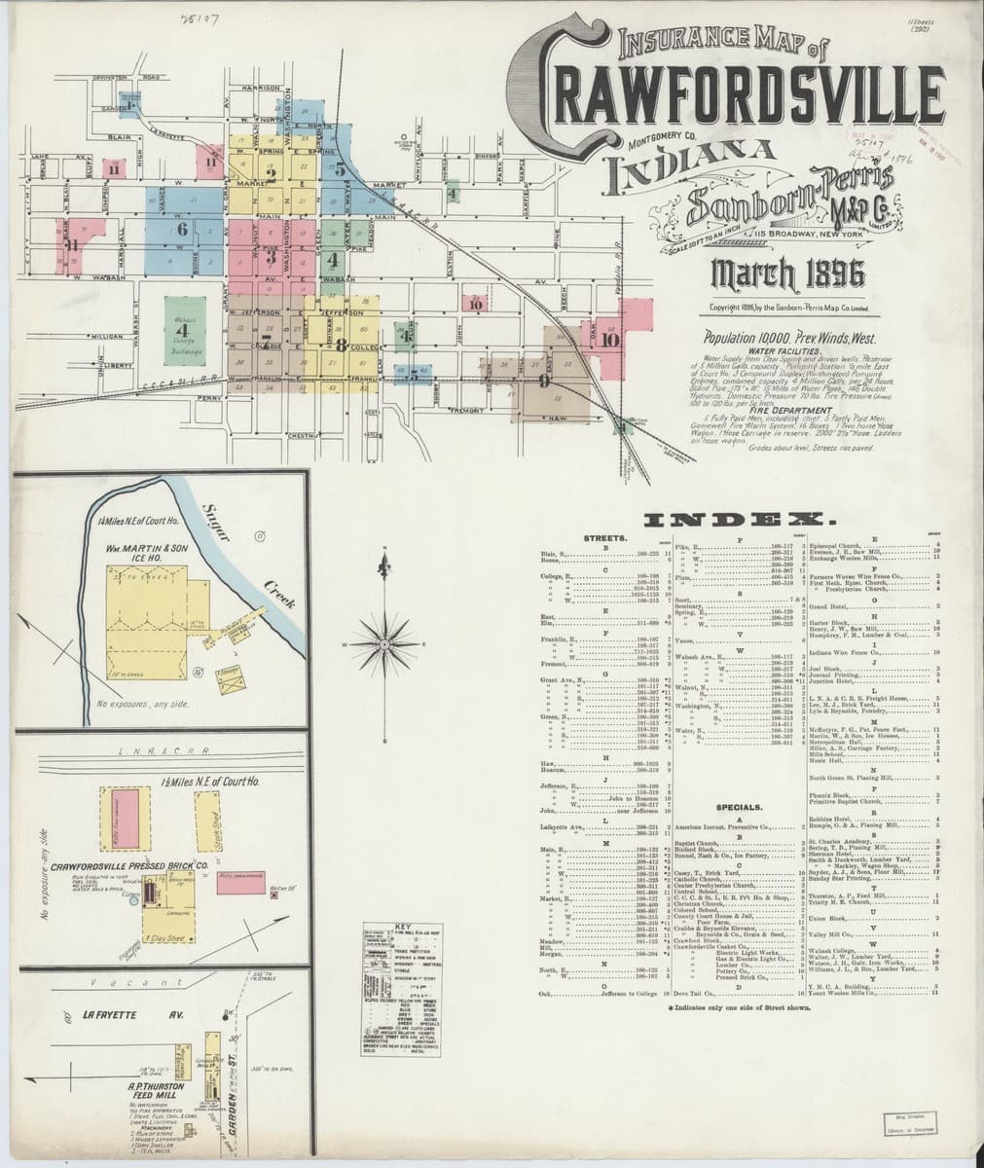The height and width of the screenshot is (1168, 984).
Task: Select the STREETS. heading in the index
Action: coord(604,537)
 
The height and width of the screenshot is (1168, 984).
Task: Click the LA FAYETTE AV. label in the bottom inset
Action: coord(127,1015)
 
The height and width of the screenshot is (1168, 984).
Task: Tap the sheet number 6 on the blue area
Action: coord(181,231)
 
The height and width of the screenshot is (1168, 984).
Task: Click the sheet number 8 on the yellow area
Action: coord(342,344)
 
